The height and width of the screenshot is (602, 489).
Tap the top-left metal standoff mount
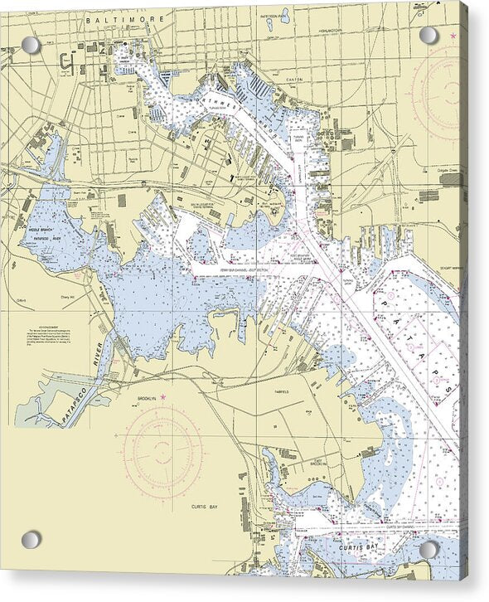(31, 45)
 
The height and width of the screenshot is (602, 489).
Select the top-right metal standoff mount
(428, 35)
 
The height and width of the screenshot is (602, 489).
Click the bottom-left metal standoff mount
(31, 539)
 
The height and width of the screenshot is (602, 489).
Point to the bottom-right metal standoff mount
(428, 550)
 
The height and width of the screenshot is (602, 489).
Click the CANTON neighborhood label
(295, 80)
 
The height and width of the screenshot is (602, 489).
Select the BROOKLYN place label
(149, 399)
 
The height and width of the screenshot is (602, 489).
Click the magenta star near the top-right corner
(453, 36)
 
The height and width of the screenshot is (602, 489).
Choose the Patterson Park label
(274, 13)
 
